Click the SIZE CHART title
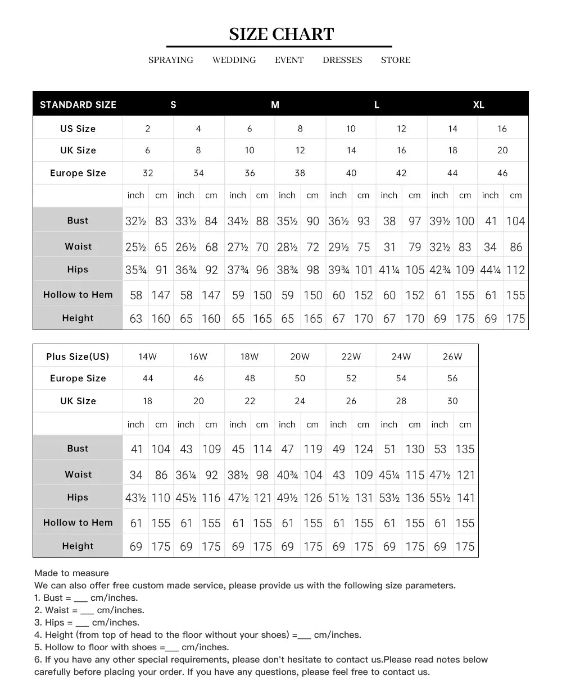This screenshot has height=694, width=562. point(281,34)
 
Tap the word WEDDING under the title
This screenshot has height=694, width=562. point(234,60)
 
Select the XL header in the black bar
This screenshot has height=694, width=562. point(478,104)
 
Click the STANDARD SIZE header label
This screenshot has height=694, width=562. point(78,104)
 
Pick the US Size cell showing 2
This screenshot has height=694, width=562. point(148,129)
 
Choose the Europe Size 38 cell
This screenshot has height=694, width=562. point(300,173)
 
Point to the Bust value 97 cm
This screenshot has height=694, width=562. point(415,221)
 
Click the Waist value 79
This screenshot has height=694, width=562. point(415,247)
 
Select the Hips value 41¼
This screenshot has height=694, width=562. point(389,270)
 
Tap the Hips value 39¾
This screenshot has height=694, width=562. point(338,270)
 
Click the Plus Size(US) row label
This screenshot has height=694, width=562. point(78,357)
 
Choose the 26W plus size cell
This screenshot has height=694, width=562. point(452,357)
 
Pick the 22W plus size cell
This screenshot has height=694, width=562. point(351,357)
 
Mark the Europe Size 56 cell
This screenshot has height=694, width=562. point(452,378)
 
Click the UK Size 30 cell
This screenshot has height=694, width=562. point(452,401)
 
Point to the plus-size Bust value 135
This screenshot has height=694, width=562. point(465,449)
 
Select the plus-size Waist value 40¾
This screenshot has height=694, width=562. point(287,475)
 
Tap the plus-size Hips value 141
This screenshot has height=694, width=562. point(465,498)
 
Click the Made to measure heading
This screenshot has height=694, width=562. point(71,573)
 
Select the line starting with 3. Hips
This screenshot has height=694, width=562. point(87,623)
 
